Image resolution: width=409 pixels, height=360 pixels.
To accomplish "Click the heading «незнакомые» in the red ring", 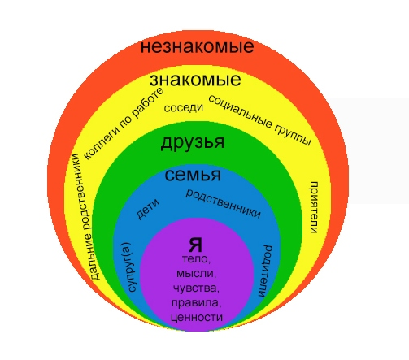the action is pos(198,46).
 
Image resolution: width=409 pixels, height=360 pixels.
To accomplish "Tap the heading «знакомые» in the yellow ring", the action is pos(195,80).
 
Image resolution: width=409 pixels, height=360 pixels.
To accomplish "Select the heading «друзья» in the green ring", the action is pos(193,142).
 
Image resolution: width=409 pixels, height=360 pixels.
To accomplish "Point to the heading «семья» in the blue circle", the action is pos(193,175).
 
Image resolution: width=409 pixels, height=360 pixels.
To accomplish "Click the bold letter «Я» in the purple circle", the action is pos(195,245).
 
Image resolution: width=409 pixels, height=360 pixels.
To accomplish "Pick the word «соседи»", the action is pos(184,108).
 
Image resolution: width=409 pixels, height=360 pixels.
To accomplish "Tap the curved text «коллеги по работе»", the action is pos(124,124).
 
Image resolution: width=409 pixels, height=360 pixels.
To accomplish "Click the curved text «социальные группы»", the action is pos(259,120).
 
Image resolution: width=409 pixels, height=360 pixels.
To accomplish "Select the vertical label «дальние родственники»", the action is pos(84,217).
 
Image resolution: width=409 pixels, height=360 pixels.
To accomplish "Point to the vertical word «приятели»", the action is pos(314,207).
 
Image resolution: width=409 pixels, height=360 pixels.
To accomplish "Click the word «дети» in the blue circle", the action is pos(147,209).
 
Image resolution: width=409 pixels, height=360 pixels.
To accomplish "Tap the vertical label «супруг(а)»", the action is pos(128,267).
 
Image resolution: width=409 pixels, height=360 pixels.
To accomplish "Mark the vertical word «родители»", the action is pos(266,271).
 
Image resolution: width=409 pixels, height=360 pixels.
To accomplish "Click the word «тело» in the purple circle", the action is pos(196,259).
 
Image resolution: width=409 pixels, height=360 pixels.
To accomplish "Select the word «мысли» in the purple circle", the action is pos(196,274).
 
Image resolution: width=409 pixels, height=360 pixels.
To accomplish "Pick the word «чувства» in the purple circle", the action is pos(196,288).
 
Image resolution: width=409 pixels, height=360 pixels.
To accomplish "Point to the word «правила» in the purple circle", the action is pos(196,303).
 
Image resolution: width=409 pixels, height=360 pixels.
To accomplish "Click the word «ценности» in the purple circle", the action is pos(197,317).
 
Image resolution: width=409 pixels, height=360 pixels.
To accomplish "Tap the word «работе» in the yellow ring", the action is pos(149,102).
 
